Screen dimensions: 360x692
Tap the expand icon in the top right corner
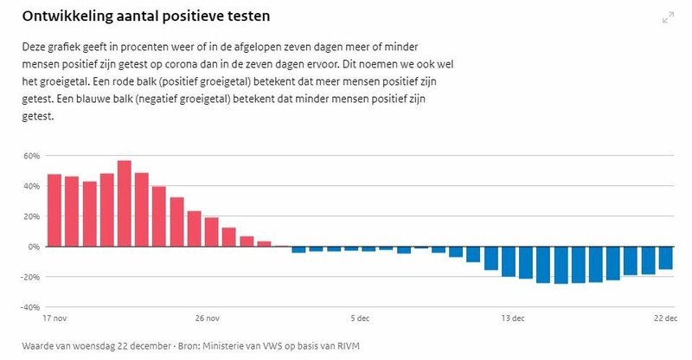click(668, 17)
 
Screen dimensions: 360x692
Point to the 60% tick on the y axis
click(31, 156)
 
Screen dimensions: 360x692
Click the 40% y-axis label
click(31, 186)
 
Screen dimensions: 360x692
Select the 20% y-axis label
click(31, 216)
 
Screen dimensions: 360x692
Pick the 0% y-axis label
click(35, 247)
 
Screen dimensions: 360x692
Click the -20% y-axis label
click(30, 277)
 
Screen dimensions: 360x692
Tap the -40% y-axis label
click(30, 307)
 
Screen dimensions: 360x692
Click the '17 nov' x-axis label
click(54, 318)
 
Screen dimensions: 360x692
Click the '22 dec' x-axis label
click(664, 318)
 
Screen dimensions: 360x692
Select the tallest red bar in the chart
click(125, 203)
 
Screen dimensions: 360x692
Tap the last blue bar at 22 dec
click(665, 258)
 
